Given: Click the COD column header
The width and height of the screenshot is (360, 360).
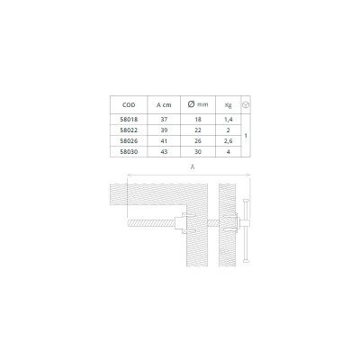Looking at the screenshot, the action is point(129,105).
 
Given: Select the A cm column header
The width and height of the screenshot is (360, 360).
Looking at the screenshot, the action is point(164,105).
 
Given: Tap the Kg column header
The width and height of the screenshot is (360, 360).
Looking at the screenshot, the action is point(228,105).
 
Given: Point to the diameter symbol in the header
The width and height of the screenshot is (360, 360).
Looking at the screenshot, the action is point(191,104).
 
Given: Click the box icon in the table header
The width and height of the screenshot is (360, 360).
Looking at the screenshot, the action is point(246,104).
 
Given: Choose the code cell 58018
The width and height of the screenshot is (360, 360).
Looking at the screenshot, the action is point(129,120).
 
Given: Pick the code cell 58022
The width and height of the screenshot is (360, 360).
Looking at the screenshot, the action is point(129,130).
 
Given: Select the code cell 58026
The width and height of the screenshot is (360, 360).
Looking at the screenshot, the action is point(129,141).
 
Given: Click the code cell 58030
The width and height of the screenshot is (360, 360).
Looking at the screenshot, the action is point(129,152).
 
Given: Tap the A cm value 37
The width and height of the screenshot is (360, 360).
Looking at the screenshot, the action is point(164,120).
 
